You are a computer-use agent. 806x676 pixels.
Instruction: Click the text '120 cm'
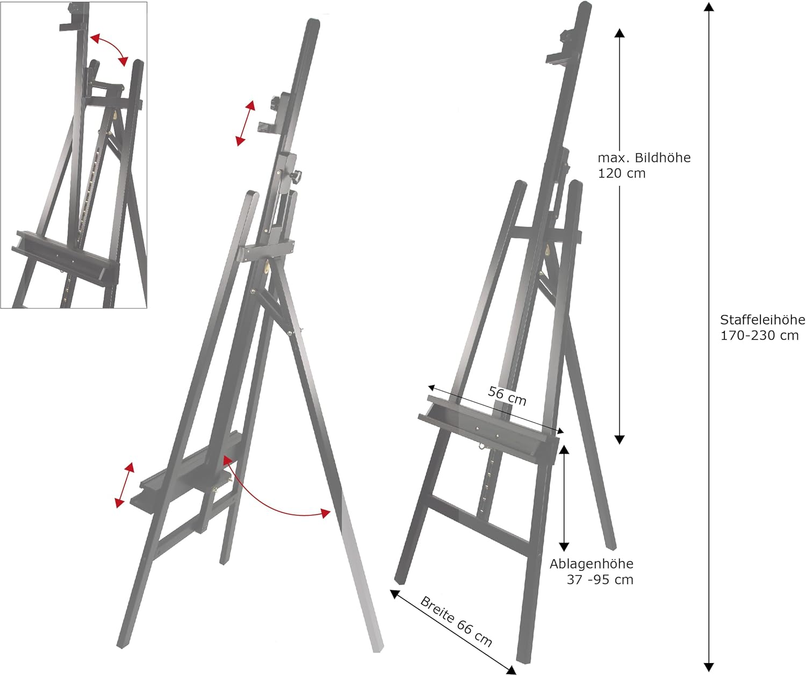click(622, 174)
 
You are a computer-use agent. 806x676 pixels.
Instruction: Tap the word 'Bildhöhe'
click(663, 157)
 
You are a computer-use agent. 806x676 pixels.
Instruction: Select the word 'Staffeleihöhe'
click(762, 320)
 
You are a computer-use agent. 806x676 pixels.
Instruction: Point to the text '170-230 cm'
click(759, 335)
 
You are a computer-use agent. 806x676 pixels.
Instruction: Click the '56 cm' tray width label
click(507, 396)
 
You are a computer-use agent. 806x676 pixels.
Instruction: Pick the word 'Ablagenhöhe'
click(592, 564)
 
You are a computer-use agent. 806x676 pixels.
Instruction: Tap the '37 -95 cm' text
click(600, 580)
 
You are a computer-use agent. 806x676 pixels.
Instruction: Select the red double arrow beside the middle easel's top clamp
click(246, 123)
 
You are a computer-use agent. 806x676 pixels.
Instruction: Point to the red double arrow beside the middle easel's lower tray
click(125, 485)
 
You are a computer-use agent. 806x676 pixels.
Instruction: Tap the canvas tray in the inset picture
click(65, 256)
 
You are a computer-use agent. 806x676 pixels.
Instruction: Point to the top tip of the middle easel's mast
click(313, 20)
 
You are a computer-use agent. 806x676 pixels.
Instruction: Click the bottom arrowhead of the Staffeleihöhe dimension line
click(708, 667)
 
